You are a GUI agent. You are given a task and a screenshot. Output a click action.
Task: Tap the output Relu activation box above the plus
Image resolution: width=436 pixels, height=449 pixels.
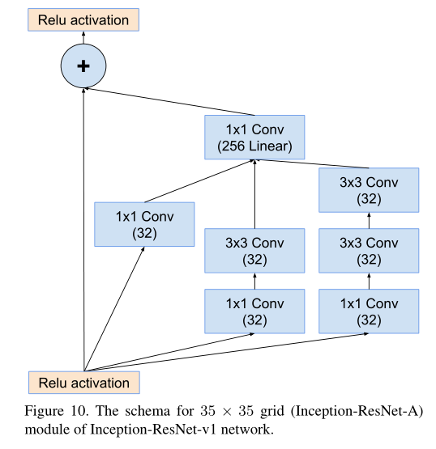83,19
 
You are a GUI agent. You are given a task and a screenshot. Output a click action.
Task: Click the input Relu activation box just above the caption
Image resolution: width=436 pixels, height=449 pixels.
83,383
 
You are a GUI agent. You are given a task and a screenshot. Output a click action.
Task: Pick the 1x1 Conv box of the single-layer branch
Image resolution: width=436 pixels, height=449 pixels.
144,224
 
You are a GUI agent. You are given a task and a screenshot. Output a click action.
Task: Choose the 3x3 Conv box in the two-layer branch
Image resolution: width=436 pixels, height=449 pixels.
255,251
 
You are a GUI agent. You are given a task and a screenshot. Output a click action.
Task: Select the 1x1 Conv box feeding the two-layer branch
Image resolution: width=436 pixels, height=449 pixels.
255,311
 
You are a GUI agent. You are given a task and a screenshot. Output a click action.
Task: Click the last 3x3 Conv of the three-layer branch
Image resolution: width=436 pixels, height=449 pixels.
369,190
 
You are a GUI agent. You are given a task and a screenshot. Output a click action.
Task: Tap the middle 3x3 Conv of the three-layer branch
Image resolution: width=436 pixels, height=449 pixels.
369,251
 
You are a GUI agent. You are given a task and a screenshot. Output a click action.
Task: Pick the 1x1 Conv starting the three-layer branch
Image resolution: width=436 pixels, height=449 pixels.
369,311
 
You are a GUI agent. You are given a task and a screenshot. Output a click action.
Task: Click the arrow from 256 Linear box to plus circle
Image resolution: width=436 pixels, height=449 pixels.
170,102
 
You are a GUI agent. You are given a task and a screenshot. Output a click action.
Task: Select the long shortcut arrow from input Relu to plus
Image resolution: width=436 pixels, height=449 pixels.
83,235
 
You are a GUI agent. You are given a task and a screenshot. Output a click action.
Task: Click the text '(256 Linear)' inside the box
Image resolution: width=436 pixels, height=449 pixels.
255,147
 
